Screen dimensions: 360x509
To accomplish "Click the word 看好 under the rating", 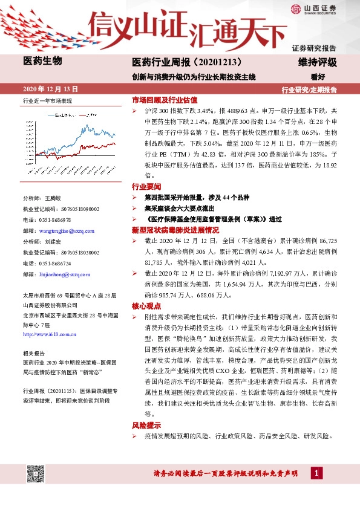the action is [x=327, y=77].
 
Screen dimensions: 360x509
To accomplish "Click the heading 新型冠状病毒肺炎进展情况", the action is [x=171, y=230].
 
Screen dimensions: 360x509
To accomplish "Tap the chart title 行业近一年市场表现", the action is [x=47, y=100].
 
